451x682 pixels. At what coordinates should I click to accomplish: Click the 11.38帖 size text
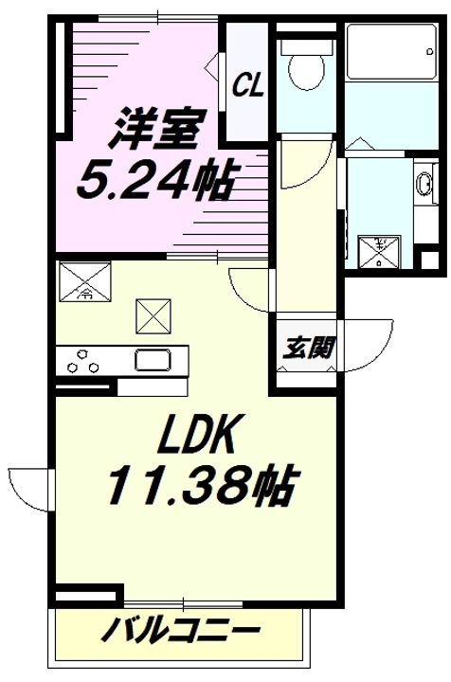(199, 487)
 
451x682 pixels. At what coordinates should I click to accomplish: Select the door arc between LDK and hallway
(252, 289)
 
